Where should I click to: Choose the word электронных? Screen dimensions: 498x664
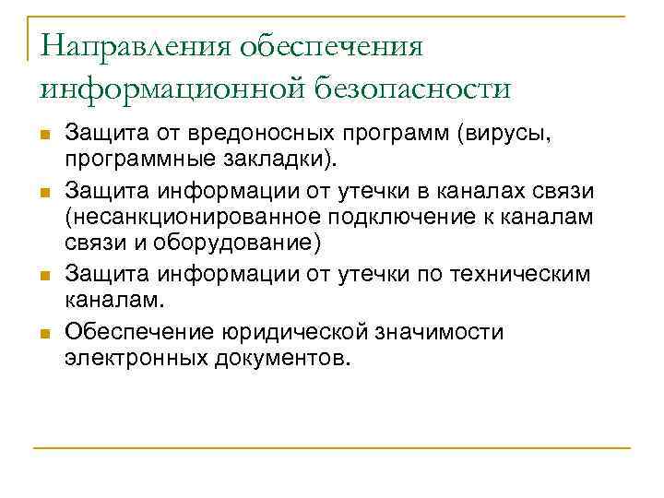[x=125, y=358]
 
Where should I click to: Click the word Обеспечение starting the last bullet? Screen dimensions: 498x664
[x=135, y=330]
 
